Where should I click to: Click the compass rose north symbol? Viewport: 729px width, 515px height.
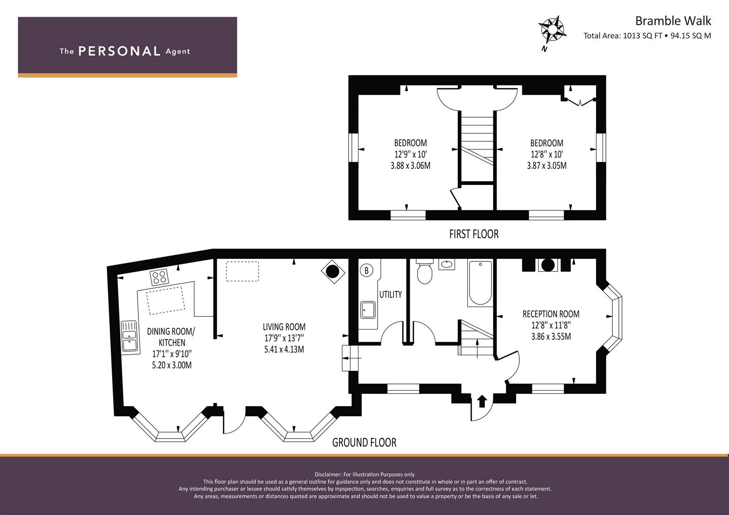[x=552, y=31]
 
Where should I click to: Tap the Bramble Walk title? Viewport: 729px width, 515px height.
[x=673, y=21]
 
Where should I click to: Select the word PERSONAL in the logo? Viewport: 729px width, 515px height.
[x=119, y=51]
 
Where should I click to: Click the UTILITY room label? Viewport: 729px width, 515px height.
[x=390, y=294]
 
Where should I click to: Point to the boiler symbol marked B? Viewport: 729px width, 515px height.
[x=367, y=270]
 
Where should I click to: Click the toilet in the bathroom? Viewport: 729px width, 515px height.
[x=425, y=271]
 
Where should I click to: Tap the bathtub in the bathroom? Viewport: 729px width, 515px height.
[x=480, y=282]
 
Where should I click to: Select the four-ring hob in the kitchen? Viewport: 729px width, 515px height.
[x=159, y=278]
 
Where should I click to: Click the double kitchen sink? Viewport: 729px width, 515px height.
[x=130, y=337]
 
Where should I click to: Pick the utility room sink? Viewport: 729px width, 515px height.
[x=368, y=310]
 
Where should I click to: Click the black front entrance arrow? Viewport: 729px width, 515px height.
[x=482, y=401]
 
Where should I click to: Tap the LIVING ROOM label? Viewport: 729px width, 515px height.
[x=284, y=327]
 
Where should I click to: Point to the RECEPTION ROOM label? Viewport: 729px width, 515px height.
[x=551, y=314]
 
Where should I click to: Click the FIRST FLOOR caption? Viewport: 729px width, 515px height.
[x=474, y=234]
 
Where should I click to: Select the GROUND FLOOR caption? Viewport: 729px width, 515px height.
[x=364, y=443]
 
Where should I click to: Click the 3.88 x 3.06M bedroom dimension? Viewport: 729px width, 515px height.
[x=411, y=165]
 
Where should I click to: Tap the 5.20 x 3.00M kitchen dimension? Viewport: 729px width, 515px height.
[x=172, y=365]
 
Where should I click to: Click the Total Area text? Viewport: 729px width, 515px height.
[x=647, y=36]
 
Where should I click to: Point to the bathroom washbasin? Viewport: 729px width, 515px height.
[x=446, y=264]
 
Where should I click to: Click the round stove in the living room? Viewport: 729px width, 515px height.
[x=333, y=272]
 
